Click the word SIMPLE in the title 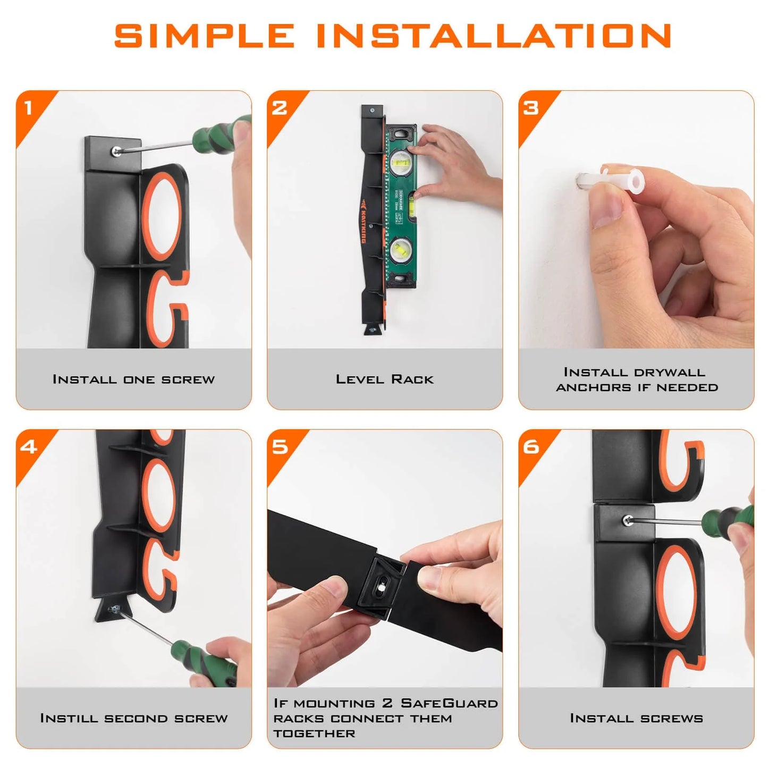pyautogui.click(x=204, y=36)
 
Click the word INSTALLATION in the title pyautogui.click(x=494, y=36)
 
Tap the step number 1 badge pyautogui.click(x=29, y=108)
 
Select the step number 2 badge pyautogui.click(x=280, y=108)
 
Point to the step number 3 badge pyautogui.click(x=531, y=108)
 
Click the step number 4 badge pyautogui.click(x=29, y=446)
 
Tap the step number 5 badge pyautogui.click(x=280, y=446)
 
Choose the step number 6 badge pyautogui.click(x=531, y=446)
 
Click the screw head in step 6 pyautogui.click(x=628, y=520)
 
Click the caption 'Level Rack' pyautogui.click(x=384, y=379)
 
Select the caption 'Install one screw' pyautogui.click(x=133, y=379)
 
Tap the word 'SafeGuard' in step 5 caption pyautogui.click(x=449, y=703)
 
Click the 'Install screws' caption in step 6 pyautogui.click(x=636, y=718)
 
